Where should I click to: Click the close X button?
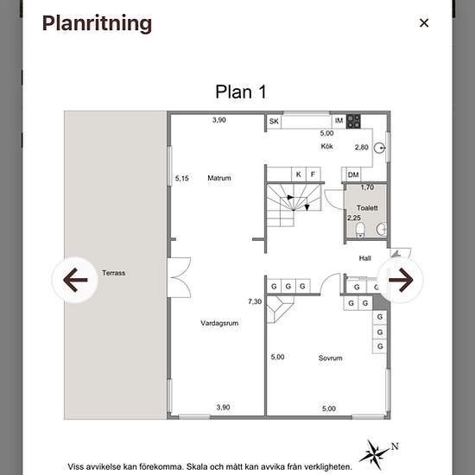424,22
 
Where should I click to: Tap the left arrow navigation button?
75,280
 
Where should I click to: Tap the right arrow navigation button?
401,280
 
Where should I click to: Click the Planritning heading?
97,24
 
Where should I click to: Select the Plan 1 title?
241,92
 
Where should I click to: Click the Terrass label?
114,273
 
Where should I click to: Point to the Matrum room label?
219,178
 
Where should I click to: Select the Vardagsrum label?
219,323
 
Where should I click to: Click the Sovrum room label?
330,358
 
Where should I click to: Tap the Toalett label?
367,208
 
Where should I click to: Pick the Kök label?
326,146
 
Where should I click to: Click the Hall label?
364,258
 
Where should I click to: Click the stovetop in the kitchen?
353,121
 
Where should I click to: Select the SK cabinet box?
274,122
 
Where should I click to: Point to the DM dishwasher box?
353,174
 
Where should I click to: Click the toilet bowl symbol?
360,230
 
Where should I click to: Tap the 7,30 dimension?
255,301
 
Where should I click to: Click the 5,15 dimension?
181,179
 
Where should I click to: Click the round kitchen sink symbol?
379,148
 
